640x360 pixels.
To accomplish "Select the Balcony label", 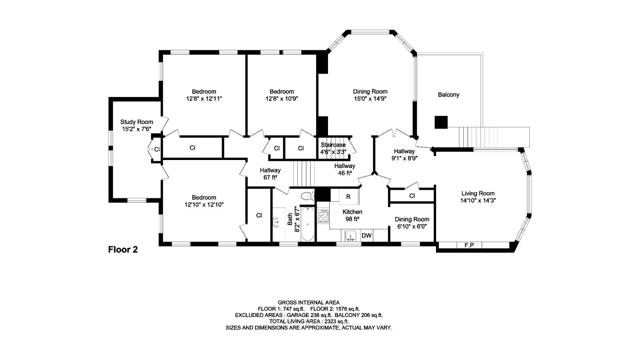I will point(449,95).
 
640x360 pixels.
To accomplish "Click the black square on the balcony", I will point(440,121).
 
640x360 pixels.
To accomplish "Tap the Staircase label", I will point(333,145).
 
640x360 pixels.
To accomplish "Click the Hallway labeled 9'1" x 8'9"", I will point(403,152).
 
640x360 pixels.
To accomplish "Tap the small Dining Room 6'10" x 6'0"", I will point(410,221).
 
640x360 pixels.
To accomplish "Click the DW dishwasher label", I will point(367,236).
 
